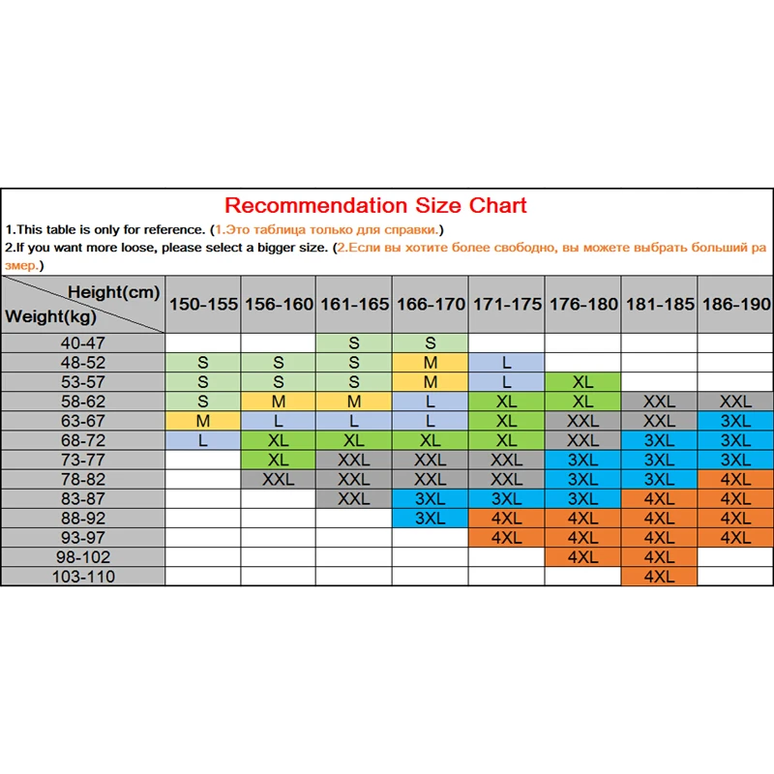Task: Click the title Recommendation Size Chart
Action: (375, 205)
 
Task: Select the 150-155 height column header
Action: (203, 304)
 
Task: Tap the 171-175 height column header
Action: (506, 304)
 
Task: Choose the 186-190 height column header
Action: (735, 304)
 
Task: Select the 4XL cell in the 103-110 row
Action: (658, 577)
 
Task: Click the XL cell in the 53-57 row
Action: (582, 382)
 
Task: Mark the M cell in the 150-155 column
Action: (203, 421)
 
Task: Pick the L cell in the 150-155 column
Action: (203, 440)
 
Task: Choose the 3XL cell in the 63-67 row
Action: (735, 421)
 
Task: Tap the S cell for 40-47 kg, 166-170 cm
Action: (431, 342)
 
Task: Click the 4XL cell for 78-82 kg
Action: (735, 479)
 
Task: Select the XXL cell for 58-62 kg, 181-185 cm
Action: (658, 402)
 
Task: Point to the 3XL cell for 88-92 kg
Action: (431, 518)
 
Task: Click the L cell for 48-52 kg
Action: (506, 363)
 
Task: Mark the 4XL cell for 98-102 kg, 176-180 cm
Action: (582, 557)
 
